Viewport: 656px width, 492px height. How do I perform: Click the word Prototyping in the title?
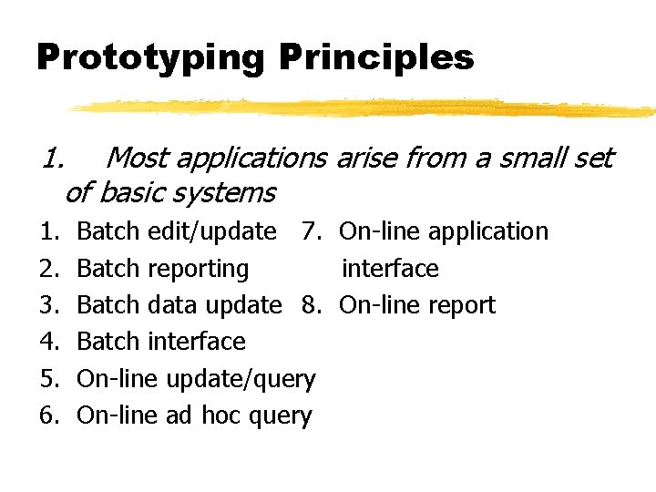point(150,58)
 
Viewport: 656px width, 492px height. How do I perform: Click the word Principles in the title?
point(376,58)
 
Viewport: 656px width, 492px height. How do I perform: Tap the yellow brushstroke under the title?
point(364,108)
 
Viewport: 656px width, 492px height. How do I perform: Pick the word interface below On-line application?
point(390,269)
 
